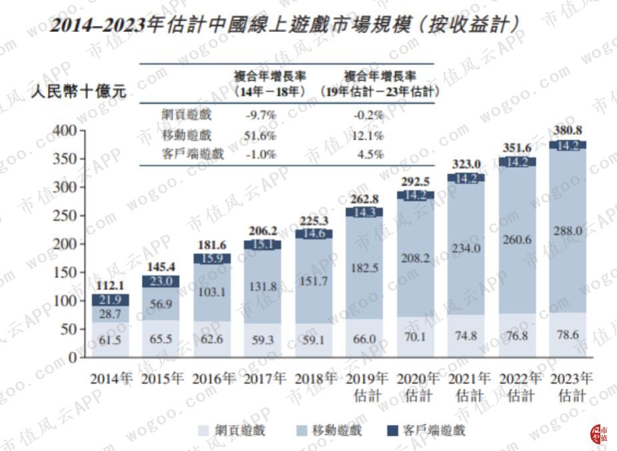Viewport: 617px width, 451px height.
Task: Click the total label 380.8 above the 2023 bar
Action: pyautogui.click(x=568, y=131)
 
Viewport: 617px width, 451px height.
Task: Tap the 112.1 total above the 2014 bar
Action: pyautogui.click(x=109, y=286)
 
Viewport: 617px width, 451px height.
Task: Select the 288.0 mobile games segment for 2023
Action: pyautogui.click(x=568, y=230)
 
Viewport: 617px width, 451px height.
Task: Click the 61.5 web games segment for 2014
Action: pyautogui.click(x=109, y=340)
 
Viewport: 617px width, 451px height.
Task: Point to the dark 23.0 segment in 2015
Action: pyautogui.click(x=161, y=281)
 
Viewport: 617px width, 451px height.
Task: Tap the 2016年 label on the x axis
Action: pyautogui.click(x=214, y=379)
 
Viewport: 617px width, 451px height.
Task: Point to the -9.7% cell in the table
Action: pyautogui.click(x=261, y=115)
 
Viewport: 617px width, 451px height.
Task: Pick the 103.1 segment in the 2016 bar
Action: pyautogui.click(x=212, y=291)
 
